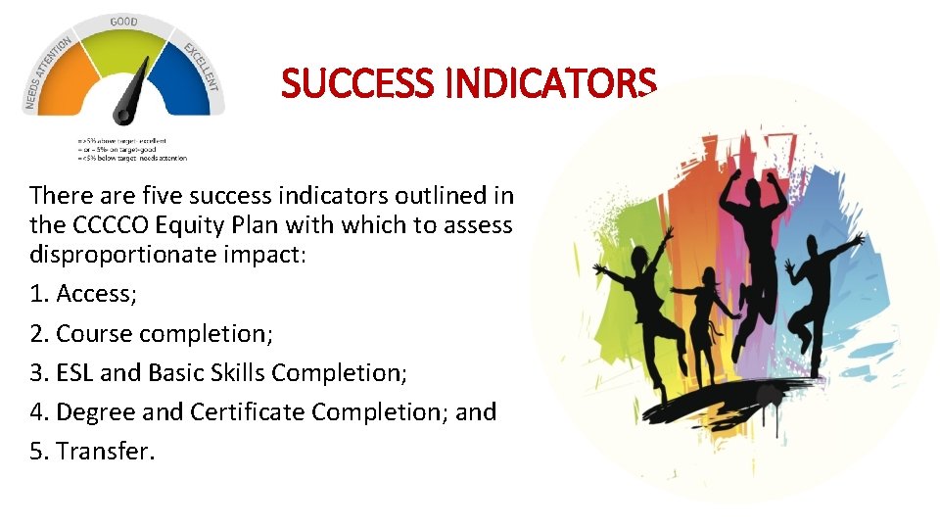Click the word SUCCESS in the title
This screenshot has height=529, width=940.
[357, 84]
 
